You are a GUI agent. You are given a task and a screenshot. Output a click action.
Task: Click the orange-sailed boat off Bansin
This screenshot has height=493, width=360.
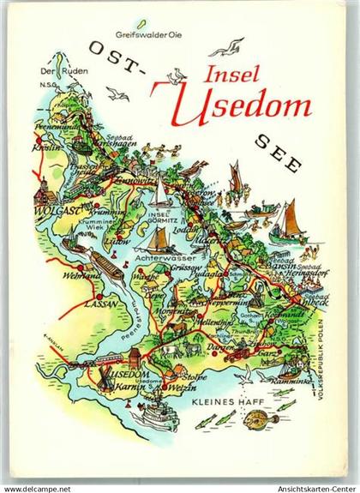tap(289, 222)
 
